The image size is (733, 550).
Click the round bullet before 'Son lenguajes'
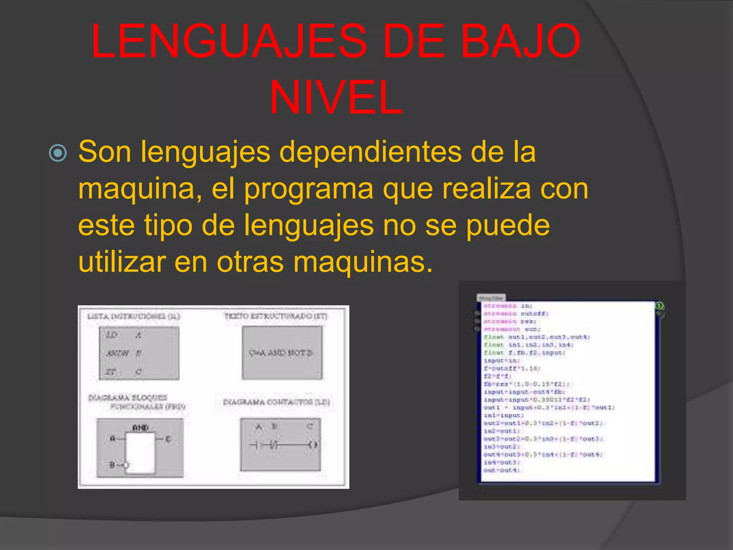pos(58,153)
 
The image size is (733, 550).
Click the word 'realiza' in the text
pos(487,189)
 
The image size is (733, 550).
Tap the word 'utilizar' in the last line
pos(122,262)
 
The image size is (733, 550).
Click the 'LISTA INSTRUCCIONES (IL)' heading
pos(134,316)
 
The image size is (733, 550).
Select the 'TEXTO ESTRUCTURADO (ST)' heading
pos(276,316)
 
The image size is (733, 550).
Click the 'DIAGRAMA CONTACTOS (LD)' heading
pos(276,402)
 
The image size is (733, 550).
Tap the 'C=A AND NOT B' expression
pos(281,353)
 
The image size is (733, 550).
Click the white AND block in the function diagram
pos(141,453)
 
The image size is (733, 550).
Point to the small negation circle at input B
pos(125,465)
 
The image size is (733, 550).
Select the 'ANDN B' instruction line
pos(123,353)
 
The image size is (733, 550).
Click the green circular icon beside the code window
pos(659,306)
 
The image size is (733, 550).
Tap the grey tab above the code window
pos(491,298)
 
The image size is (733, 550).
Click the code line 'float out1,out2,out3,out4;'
pos(537,337)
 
